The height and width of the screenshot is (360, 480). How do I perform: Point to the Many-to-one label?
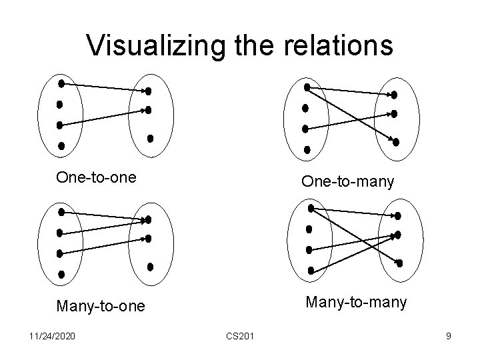[x=100, y=306]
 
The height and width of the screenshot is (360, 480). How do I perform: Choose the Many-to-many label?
[x=356, y=303]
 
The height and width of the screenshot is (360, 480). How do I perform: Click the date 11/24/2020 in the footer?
[x=51, y=336]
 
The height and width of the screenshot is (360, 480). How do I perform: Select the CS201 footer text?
[x=239, y=336]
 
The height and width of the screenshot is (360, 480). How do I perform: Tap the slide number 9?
[x=449, y=336]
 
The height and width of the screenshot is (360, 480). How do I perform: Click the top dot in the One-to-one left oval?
[x=61, y=84]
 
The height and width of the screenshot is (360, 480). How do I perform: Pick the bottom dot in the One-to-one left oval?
[x=61, y=145]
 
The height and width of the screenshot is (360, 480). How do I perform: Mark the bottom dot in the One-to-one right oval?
[x=150, y=139]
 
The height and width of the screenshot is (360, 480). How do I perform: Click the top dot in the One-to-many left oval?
[x=307, y=87]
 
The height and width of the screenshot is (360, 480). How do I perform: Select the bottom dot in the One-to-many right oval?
[x=396, y=141]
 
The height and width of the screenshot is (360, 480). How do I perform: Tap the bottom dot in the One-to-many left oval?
[x=307, y=149]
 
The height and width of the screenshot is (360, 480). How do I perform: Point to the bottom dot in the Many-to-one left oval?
[x=61, y=273]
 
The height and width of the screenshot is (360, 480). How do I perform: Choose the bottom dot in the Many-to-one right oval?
[x=150, y=267]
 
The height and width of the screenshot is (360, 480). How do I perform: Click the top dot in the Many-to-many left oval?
[x=311, y=208]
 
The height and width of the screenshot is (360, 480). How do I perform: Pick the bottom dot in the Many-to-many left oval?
[x=311, y=270]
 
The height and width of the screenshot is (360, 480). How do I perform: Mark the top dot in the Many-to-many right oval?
[x=398, y=216]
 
